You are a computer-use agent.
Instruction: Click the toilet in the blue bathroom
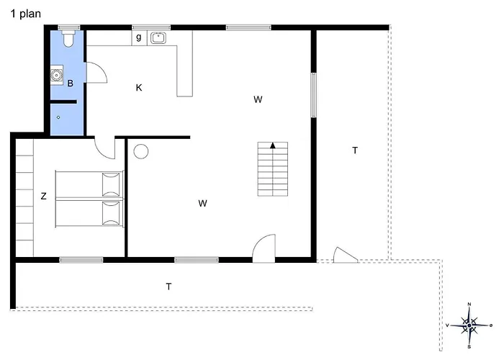tap(68, 39)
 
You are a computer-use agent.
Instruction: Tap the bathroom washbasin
tap(57, 75)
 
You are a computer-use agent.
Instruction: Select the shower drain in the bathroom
tap(58, 117)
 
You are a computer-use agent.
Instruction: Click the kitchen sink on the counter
tap(158, 37)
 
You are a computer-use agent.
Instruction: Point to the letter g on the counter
tap(138, 37)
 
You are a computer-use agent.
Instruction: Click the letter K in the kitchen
tap(139, 87)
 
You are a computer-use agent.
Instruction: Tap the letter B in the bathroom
tap(70, 84)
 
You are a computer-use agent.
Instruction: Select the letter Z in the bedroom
tap(43, 196)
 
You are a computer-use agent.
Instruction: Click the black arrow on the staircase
tap(273, 145)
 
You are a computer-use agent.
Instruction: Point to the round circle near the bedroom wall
tap(141, 151)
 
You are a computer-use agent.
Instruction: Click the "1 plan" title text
tap(26, 14)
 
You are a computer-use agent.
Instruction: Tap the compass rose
tap(469, 325)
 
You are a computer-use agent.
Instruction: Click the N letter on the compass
tap(469, 304)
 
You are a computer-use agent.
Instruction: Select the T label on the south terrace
tap(168, 286)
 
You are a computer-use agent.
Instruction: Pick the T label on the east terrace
tap(355, 150)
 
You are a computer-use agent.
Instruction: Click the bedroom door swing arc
tap(99, 151)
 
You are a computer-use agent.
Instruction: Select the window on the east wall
tap(313, 95)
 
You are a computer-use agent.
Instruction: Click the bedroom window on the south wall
tap(81, 260)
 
